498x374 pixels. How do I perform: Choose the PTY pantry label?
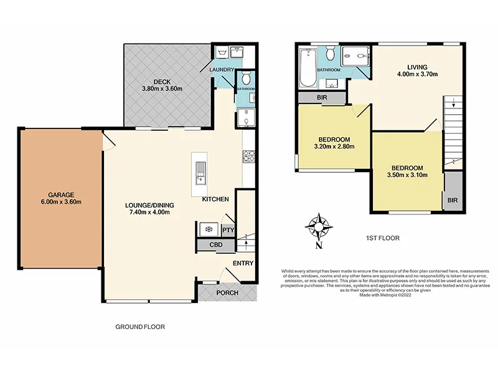(x=227, y=230)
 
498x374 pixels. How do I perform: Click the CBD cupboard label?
(x=216, y=246)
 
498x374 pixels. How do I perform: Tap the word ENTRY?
(x=243, y=263)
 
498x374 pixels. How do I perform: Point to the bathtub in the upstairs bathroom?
(x=306, y=69)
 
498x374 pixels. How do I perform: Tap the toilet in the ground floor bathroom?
(x=247, y=79)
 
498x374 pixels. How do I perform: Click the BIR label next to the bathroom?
(x=321, y=98)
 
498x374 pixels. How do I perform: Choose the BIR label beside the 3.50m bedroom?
(x=453, y=201)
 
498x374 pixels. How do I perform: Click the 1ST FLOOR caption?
(x=383, y=238)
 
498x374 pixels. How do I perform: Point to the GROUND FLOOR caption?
(x=140, y=327)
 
